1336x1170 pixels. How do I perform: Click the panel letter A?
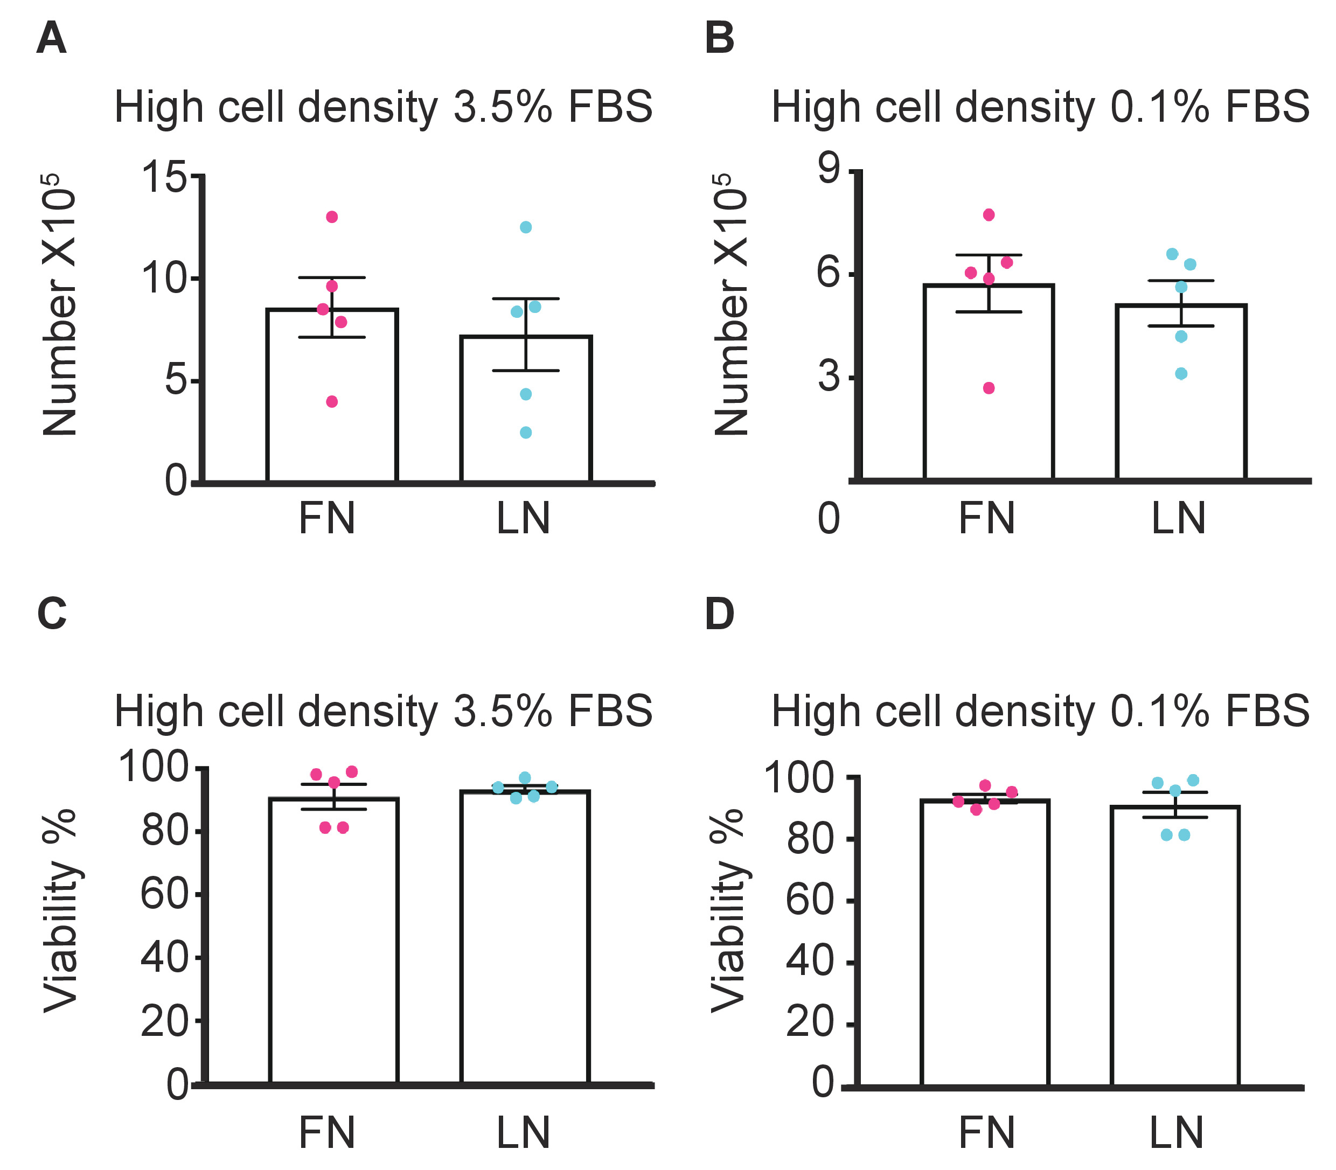[x=52, y=39]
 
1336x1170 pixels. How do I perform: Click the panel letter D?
[x=720, y=615]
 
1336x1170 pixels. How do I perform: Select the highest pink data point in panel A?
[x=332, y=217]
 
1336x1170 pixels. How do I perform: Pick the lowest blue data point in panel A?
[x=526, y=432]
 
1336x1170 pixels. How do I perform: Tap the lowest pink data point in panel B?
[x=989, y=388]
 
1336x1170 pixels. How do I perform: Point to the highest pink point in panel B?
[x=989, y=215]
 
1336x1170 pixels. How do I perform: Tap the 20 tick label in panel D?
[x=810, y=1022]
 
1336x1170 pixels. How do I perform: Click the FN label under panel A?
[x=326, y=519]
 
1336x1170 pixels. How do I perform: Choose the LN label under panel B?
[x=1178, y=519]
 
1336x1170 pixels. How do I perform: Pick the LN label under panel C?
[x=523, y=1132]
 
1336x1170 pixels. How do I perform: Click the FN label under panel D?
[x=986, y=1132]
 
